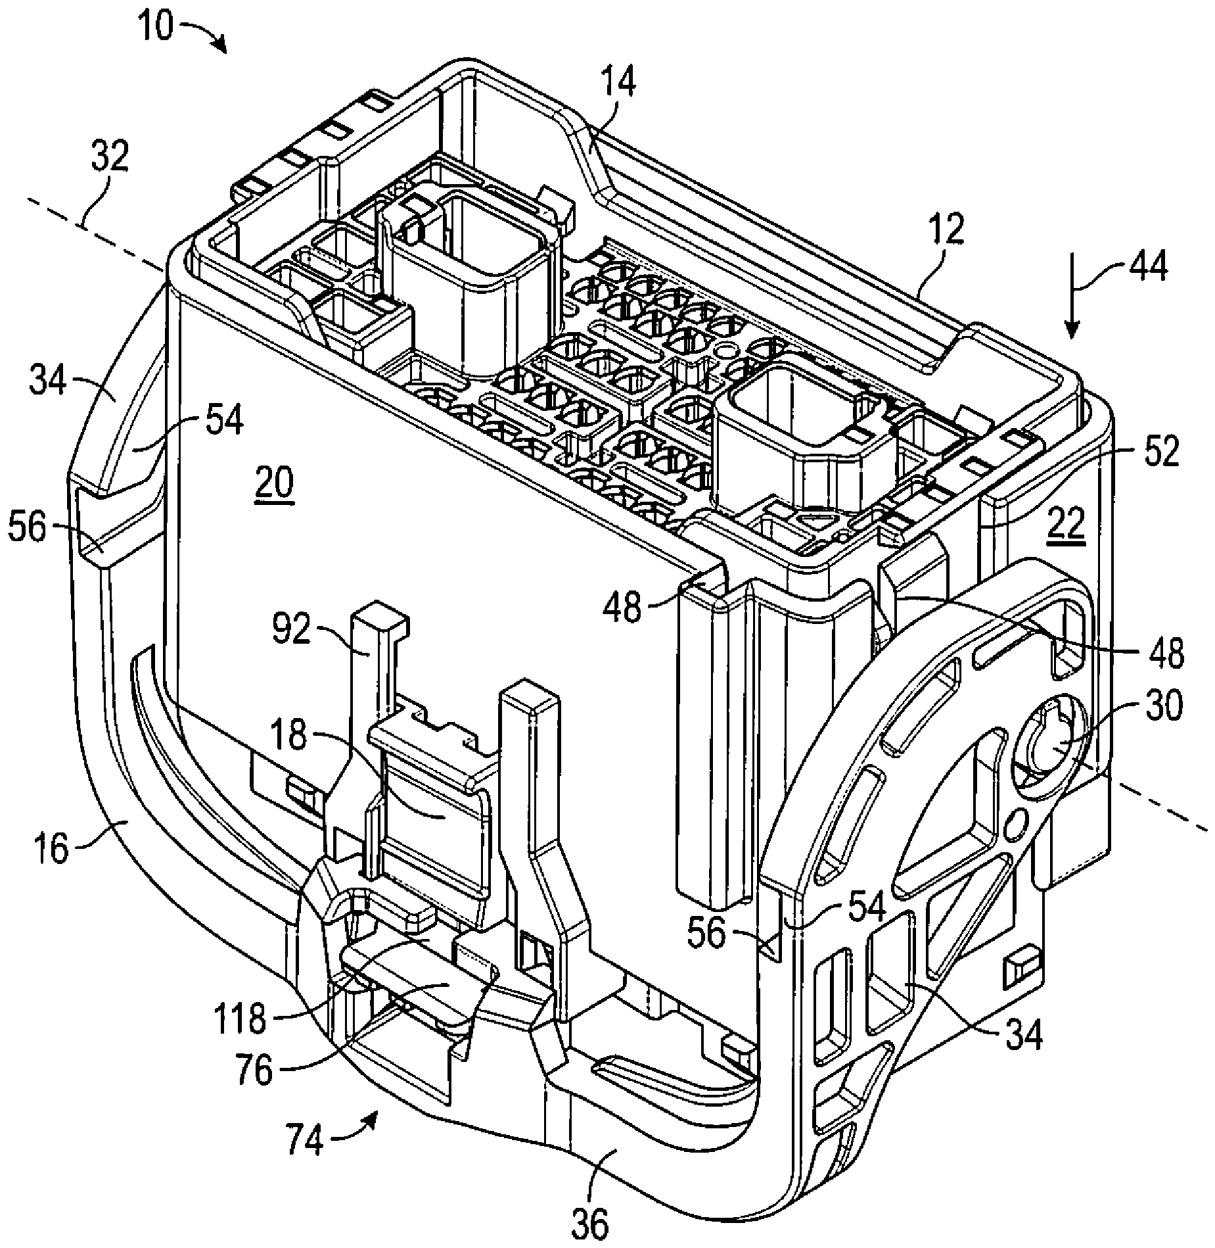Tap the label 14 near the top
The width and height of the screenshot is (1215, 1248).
[x=618, y=84]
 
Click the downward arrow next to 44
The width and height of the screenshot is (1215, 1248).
[x=1071, y=295]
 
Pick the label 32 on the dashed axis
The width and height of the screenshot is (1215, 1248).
[x=110, y=159]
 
